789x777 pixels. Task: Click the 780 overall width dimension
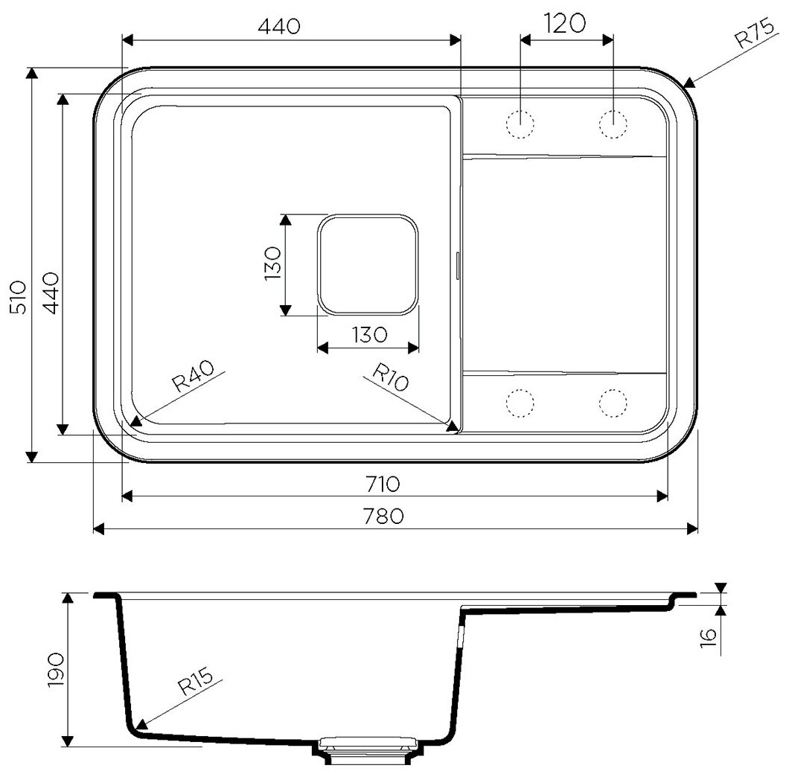point(383,517)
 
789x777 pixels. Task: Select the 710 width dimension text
point(383,484)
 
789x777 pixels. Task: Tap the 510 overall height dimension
point(19,298)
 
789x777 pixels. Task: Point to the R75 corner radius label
point(755,33)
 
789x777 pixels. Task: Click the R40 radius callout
point(193,376)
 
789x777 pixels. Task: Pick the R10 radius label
point(390,377)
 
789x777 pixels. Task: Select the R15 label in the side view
point(196,680)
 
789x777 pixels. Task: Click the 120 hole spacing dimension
point(564,23)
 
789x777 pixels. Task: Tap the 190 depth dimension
point(55,671)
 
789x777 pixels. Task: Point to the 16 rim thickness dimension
point(708,638)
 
